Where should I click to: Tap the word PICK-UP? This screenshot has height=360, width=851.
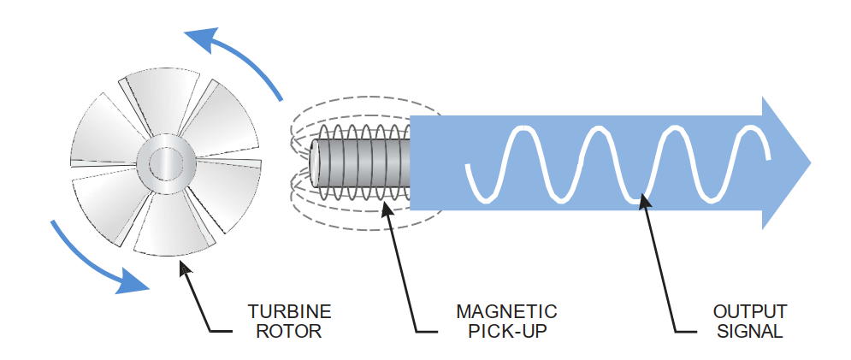click(506, 331)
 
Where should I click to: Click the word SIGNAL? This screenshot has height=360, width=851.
click(749, 331)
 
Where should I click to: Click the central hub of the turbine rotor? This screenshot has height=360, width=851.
click(163, 162)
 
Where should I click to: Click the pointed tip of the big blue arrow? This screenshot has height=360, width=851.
click(808, 162)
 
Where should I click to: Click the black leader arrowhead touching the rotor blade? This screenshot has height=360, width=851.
click(182, 266)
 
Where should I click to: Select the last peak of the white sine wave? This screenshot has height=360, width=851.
click(750, 129)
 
